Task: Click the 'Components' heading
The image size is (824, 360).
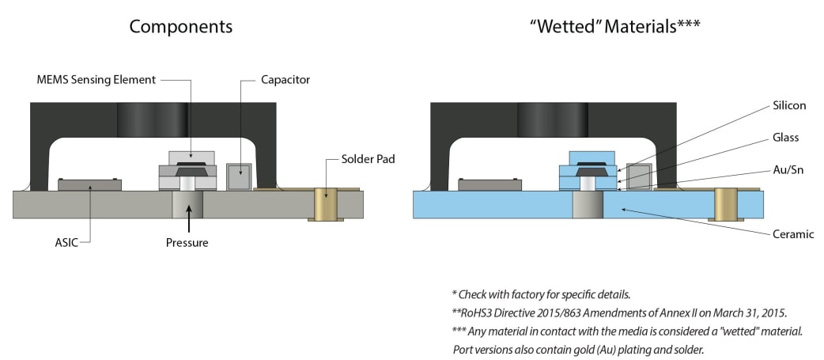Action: [x=181, y=27]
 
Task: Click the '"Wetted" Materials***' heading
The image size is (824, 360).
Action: [x=615, y=27]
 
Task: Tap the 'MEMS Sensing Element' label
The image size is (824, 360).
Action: [x=96, y=80]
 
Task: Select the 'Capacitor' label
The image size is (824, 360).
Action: [x=285, y=80]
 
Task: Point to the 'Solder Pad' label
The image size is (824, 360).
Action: [x=368, y=158]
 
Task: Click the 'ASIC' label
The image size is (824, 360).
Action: [x=66, y=243]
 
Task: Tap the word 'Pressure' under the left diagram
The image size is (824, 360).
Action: [x=187, y=243]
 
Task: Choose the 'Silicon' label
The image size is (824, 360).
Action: [x=788, y=106]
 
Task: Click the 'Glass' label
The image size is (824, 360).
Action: [x=785, y=138]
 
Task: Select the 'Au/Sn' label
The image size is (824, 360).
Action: [x=788, y=170]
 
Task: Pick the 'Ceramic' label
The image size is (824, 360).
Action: [x=793, y=234]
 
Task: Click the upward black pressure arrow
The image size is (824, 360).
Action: [x=187, y=221]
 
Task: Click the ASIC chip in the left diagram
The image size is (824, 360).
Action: [x=89, y=184]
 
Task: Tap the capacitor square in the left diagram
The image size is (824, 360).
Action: [x=240, y=176]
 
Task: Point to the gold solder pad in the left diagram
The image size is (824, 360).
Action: [x=326, y=205]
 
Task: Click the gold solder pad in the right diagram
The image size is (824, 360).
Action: [x=726, y=205]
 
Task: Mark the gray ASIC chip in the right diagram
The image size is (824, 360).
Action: [x=489, y=184]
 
